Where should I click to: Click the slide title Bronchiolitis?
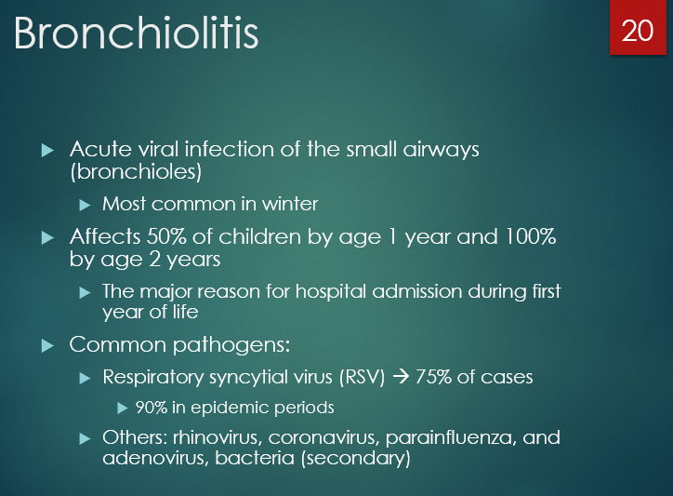tap(136, 34)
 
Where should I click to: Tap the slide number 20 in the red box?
tap(638, 31)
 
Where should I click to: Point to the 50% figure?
tap(165, 236)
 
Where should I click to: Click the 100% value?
tap(528, 236)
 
